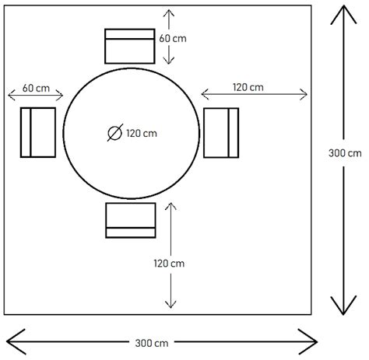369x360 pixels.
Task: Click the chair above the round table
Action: (x=130, y=46)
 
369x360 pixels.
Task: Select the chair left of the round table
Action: (x=38, y=132)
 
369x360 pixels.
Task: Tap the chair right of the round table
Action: (x=221, y=133)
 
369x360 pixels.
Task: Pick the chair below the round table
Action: (x=131, y=220)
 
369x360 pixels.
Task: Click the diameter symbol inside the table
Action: (x=115, y=133)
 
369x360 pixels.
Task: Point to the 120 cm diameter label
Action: (x=142, y=134)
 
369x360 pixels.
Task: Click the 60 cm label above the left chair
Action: (x=36, y=88)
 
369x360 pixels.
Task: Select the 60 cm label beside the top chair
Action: (x=173, y=38)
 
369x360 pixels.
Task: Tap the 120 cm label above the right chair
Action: (x=248, y=87)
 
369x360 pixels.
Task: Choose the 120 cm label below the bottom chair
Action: (x=169, y=264)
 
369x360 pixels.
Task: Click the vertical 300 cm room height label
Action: (x=345, y=153)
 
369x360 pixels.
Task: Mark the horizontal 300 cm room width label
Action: (x=152, y=343)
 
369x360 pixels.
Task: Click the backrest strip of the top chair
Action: (x=130, y=34)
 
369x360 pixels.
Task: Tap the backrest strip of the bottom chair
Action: (x=131, y=232)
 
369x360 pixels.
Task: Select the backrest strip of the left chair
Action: (x=26, y=132)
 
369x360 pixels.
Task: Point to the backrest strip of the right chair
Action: (x=234, y=133)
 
